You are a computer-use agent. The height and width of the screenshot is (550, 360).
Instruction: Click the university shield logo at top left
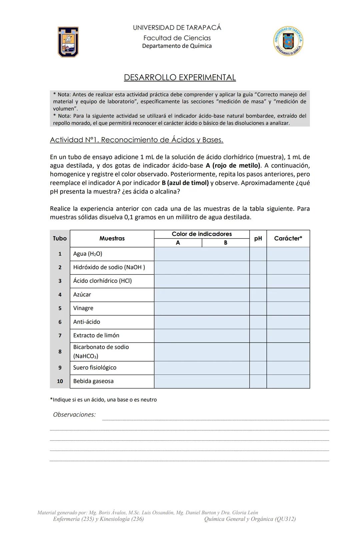68,42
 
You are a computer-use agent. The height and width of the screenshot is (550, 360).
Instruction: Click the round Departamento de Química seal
288,41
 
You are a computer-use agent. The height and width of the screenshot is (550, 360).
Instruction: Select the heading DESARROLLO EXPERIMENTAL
180,77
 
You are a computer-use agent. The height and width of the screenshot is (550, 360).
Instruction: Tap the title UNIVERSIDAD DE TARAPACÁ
177,28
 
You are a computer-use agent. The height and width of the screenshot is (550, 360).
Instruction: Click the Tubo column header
60,238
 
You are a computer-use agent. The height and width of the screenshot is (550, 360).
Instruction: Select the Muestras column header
112,238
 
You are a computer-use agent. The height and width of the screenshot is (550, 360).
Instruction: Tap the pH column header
258,238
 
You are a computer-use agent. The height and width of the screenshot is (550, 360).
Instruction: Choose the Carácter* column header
288,238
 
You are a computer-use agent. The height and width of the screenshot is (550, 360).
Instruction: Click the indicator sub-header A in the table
178,243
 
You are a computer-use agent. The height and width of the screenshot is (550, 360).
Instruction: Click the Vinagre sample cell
83,308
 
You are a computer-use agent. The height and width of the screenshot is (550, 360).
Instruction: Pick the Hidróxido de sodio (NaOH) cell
109,267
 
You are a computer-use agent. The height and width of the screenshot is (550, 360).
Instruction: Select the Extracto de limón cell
96,336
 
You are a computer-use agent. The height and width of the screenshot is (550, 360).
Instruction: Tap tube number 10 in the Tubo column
60,381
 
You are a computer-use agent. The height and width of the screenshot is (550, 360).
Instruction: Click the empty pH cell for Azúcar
258,295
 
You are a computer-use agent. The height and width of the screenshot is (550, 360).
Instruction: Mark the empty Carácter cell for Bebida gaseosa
288,381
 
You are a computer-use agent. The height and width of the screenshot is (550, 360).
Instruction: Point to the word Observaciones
74,415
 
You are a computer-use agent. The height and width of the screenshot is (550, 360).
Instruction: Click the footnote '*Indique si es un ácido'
103,400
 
